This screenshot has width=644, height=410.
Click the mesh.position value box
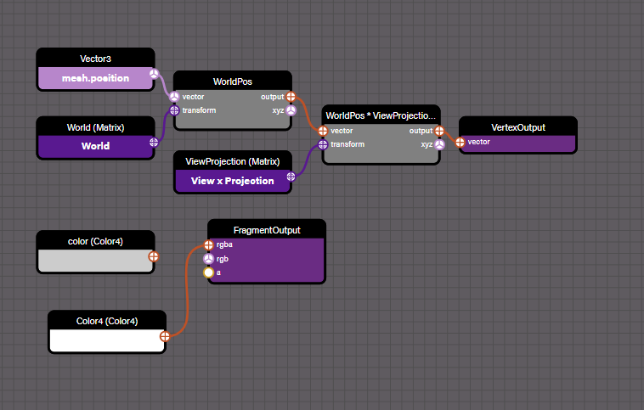point(95,78)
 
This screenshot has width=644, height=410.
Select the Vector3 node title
point(95,59)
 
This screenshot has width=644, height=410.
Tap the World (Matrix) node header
point(95,127)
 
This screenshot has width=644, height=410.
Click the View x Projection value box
point(232,180)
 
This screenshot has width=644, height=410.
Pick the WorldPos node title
point(233,81)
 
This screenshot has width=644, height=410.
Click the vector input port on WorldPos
point(174,97)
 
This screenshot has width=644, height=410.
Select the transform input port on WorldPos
point(174,110)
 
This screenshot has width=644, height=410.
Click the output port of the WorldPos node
point(291,97)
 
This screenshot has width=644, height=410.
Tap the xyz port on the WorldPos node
point(291,110)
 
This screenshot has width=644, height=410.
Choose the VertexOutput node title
point(518,127)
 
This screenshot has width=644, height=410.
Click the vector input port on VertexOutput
point(460,142)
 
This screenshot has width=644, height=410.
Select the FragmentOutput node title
point(266,229)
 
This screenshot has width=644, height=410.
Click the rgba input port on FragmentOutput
point(208,245)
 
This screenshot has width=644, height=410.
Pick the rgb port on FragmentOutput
point(208,259)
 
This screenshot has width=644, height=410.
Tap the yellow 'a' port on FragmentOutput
point(208,272)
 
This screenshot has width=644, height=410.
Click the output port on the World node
point(154,143)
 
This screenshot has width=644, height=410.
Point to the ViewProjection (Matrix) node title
point(232,161)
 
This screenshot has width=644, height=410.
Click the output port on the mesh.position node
point(154,75)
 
